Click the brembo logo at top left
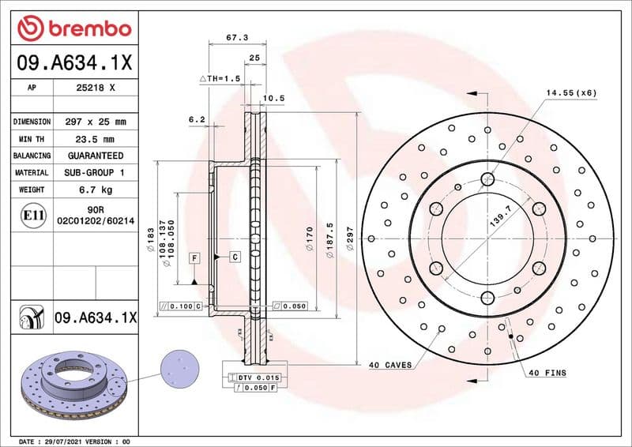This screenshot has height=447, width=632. pos(73,29)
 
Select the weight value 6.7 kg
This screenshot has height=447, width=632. pos(95,190)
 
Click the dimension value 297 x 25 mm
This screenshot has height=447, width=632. pos(95,122)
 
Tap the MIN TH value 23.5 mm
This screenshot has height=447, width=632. pos(95,139)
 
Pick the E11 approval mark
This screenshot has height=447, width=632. pos(28,214)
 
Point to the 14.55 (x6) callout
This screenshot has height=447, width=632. pos(570,93)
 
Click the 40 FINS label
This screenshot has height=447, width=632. pos(547,373)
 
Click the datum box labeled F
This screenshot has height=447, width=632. pos(193,258)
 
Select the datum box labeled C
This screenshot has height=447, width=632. pos(235,257)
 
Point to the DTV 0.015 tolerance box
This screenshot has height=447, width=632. pos(254,378)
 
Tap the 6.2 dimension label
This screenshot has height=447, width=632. pos(197,119)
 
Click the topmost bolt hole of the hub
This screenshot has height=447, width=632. pos(487,179)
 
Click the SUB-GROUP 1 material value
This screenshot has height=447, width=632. pos(95,172)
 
